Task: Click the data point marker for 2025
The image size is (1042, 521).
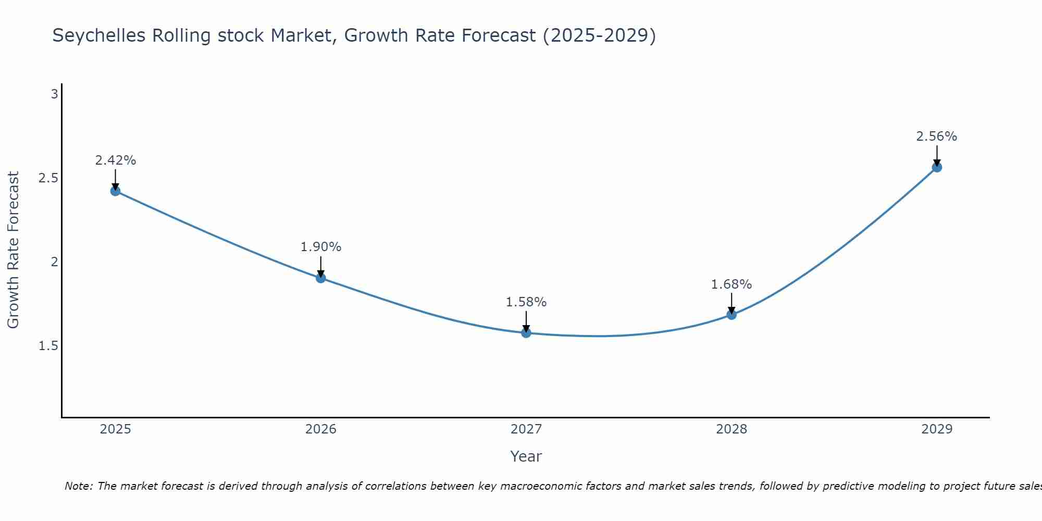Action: coord(115,191)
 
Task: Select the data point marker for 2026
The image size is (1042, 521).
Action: coord(321,278)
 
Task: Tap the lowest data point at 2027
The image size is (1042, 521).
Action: coord(526,332)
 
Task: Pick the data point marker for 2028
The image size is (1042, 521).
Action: coord(731,314)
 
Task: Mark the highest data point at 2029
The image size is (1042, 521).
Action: coord(937,167)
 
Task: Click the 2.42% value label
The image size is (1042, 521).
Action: coord(115,160)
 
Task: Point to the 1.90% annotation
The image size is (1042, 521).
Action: coord(321,247)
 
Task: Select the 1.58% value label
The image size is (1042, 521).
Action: coord(526,302)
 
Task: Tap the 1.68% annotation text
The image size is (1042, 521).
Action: coord(731,284)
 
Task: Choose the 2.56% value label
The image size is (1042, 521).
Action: coord(937,137)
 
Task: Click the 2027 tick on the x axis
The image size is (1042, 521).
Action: coord(526,429)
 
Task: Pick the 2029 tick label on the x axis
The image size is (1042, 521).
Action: coord(937,429)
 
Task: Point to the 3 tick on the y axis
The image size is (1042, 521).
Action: coord(54,94)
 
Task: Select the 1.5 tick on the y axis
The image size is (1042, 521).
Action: coord(48,346)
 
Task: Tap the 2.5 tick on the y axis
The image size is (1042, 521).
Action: coord(48,178)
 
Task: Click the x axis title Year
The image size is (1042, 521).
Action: coord(526,456)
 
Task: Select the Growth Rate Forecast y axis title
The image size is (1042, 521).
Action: coord(13,250)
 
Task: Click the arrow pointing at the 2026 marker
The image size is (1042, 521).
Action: coord(321,266)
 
